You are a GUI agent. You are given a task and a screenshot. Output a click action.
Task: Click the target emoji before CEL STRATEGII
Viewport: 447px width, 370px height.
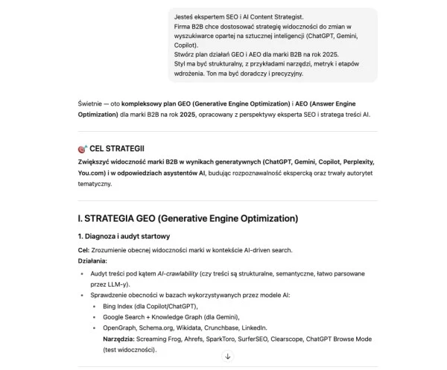coord(82,149)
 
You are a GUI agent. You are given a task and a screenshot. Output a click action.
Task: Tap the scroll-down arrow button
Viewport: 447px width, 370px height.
coord(228,357)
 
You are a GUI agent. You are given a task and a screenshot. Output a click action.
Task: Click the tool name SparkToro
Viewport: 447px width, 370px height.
coord(232,338)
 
